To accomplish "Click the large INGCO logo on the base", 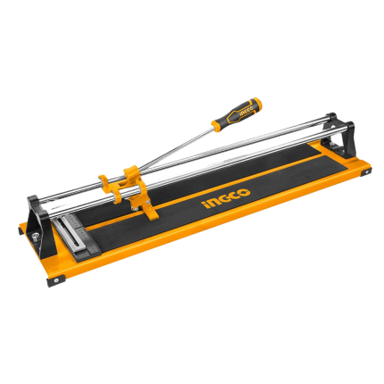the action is click(x=226, y=198).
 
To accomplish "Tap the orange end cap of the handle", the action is click(x=256, y=102).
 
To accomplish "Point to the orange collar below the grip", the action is click(x=218, y=125).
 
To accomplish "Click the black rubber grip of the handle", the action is click(x=238, y=112).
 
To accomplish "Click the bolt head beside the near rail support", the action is click(x=35, y=236).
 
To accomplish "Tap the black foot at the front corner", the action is click(x=56, y=281).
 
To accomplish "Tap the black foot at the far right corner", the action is click(x=366, y=172).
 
